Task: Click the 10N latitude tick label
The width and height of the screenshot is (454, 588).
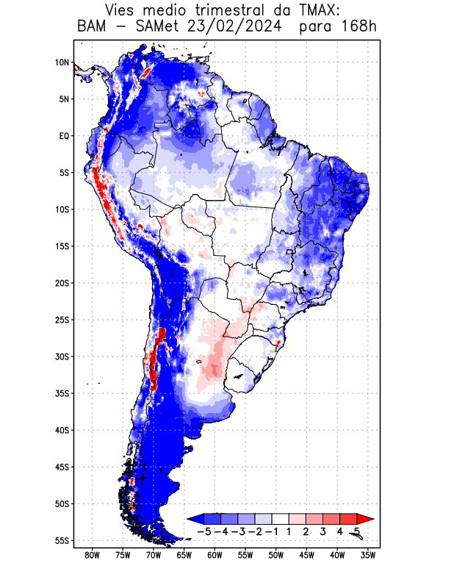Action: coord(62,62)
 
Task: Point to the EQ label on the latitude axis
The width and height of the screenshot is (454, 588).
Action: coord(63,136)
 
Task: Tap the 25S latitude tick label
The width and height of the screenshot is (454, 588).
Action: coord(62,320)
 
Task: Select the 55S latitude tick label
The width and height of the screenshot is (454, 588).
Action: coord(62,541)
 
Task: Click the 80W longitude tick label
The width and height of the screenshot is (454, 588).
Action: coord(92,555)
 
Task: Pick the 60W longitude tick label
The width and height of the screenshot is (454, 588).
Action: coord(215,555)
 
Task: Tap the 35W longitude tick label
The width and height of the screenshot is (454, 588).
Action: coord(368,555)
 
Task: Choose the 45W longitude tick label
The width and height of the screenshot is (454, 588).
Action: coord(307,555)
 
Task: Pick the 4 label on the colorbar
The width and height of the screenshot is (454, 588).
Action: coord(339,531)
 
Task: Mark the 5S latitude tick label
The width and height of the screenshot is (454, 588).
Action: coord(63,173)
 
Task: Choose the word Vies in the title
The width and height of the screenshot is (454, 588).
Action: coord(122,11)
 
